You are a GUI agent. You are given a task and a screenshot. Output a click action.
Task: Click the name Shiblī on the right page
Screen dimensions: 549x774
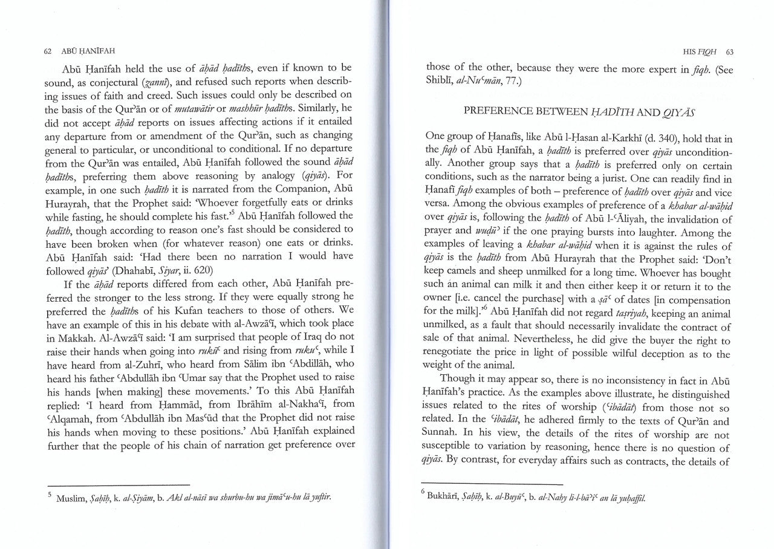442,83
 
